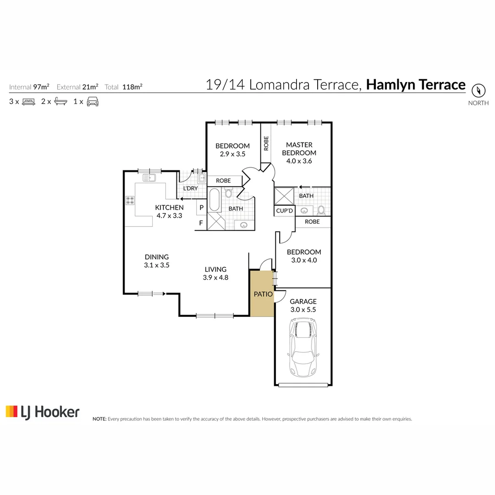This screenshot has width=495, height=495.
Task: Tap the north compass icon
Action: pyautogui.click(x=478, y=90)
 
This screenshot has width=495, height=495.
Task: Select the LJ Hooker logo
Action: pyautogui.click(x=42, y=412)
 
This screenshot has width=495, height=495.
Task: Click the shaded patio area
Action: pyautogui.click(x=262, y=294)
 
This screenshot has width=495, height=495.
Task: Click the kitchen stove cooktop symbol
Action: pyautogui.click(x=130, y=200)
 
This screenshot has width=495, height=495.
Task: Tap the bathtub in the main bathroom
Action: pyautogui.click(x=214, y=200)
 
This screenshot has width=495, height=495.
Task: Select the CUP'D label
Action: pyautogui.click(x=284, y=211)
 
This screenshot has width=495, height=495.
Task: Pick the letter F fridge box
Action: pyautogui.click(x=201, y=223)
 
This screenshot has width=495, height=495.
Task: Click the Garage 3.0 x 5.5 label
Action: pyautogui.click(x=303, y=305)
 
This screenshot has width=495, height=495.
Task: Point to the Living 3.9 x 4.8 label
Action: pyautogui.click(x=215, y=273)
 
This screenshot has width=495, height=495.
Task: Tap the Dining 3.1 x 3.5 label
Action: pyautogui.click(x=157, y=261)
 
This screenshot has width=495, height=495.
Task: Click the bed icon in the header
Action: pyautogui.click(x=29, y=102)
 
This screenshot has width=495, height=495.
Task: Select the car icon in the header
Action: pyautogui.click(x=93, y=102)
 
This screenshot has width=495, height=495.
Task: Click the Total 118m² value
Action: pyautogui.click(x=132, y=87)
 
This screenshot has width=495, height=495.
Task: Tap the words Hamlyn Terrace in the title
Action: pyautogui.click(x=416, y=85)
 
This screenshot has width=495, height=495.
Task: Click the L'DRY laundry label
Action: pyautogui.click(x=190, y=189)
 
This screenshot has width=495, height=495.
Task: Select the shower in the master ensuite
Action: pyautogui.click(x=284, y=196)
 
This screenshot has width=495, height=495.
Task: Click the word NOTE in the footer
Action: pyautogui.click(x=99, y=419)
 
